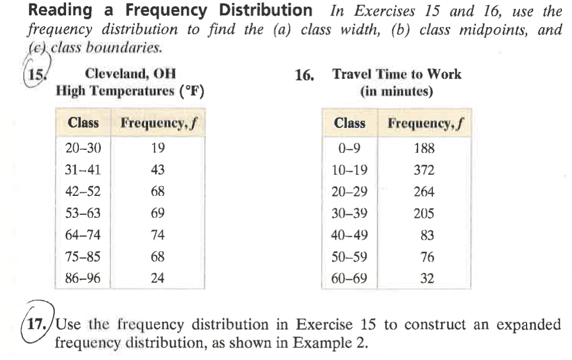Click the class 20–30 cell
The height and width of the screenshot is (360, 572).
(x=83, y=148)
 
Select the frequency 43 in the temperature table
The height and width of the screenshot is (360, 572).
(x=157, y=170)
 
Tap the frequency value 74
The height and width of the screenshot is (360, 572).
(x=157, y=235)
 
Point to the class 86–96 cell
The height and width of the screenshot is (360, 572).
(x=83, y=278)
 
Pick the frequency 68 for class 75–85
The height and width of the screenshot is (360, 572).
(x=157, y=257)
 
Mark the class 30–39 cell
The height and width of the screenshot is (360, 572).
(x=350, y=214)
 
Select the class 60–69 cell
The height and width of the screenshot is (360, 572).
(x=350, y=278)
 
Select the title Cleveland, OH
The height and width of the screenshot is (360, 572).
(x=130, y=74)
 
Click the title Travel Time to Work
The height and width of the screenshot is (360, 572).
(x=396, y=74)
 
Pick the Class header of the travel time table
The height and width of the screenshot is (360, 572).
(x=350, y=123)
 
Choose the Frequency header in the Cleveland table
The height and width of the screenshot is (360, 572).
(x=157, y=123)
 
